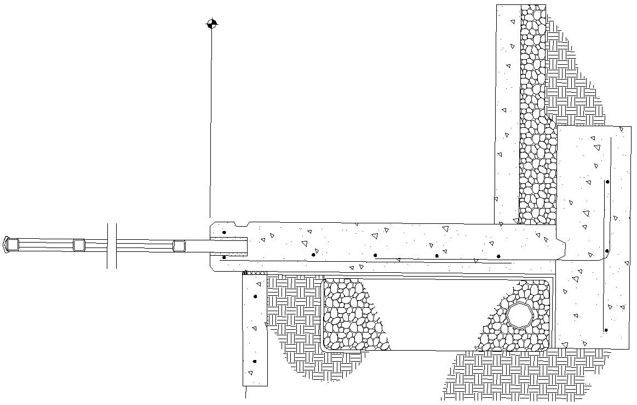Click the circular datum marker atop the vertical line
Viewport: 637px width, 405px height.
tap(212, 24)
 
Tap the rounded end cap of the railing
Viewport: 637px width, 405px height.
tap(7, 244)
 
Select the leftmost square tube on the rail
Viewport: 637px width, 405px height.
tap(13, 244)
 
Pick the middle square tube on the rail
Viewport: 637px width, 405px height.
tap(79, 245)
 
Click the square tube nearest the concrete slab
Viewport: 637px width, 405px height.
tap(179, 246)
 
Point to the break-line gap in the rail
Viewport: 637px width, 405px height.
tap(112, 246)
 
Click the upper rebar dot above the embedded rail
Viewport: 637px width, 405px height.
tap(224, 233)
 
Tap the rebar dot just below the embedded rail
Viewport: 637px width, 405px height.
tap(224, 257)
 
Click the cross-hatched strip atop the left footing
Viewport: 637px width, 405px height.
tap(255, 272)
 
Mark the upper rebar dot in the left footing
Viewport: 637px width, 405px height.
tap(255, 297)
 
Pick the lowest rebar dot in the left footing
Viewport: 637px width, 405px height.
tap(255, 362)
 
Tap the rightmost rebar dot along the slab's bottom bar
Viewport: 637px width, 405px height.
tap(498, 256)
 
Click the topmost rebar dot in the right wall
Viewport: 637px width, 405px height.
tap(607, 182)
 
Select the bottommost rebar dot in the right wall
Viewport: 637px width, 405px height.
tap(606, 330)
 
